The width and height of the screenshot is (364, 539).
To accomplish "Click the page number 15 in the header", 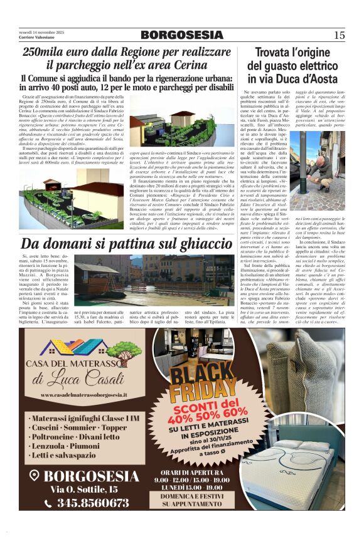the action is tap(340, 35).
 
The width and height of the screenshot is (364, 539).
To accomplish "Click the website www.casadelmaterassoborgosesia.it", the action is tap(83, 395).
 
